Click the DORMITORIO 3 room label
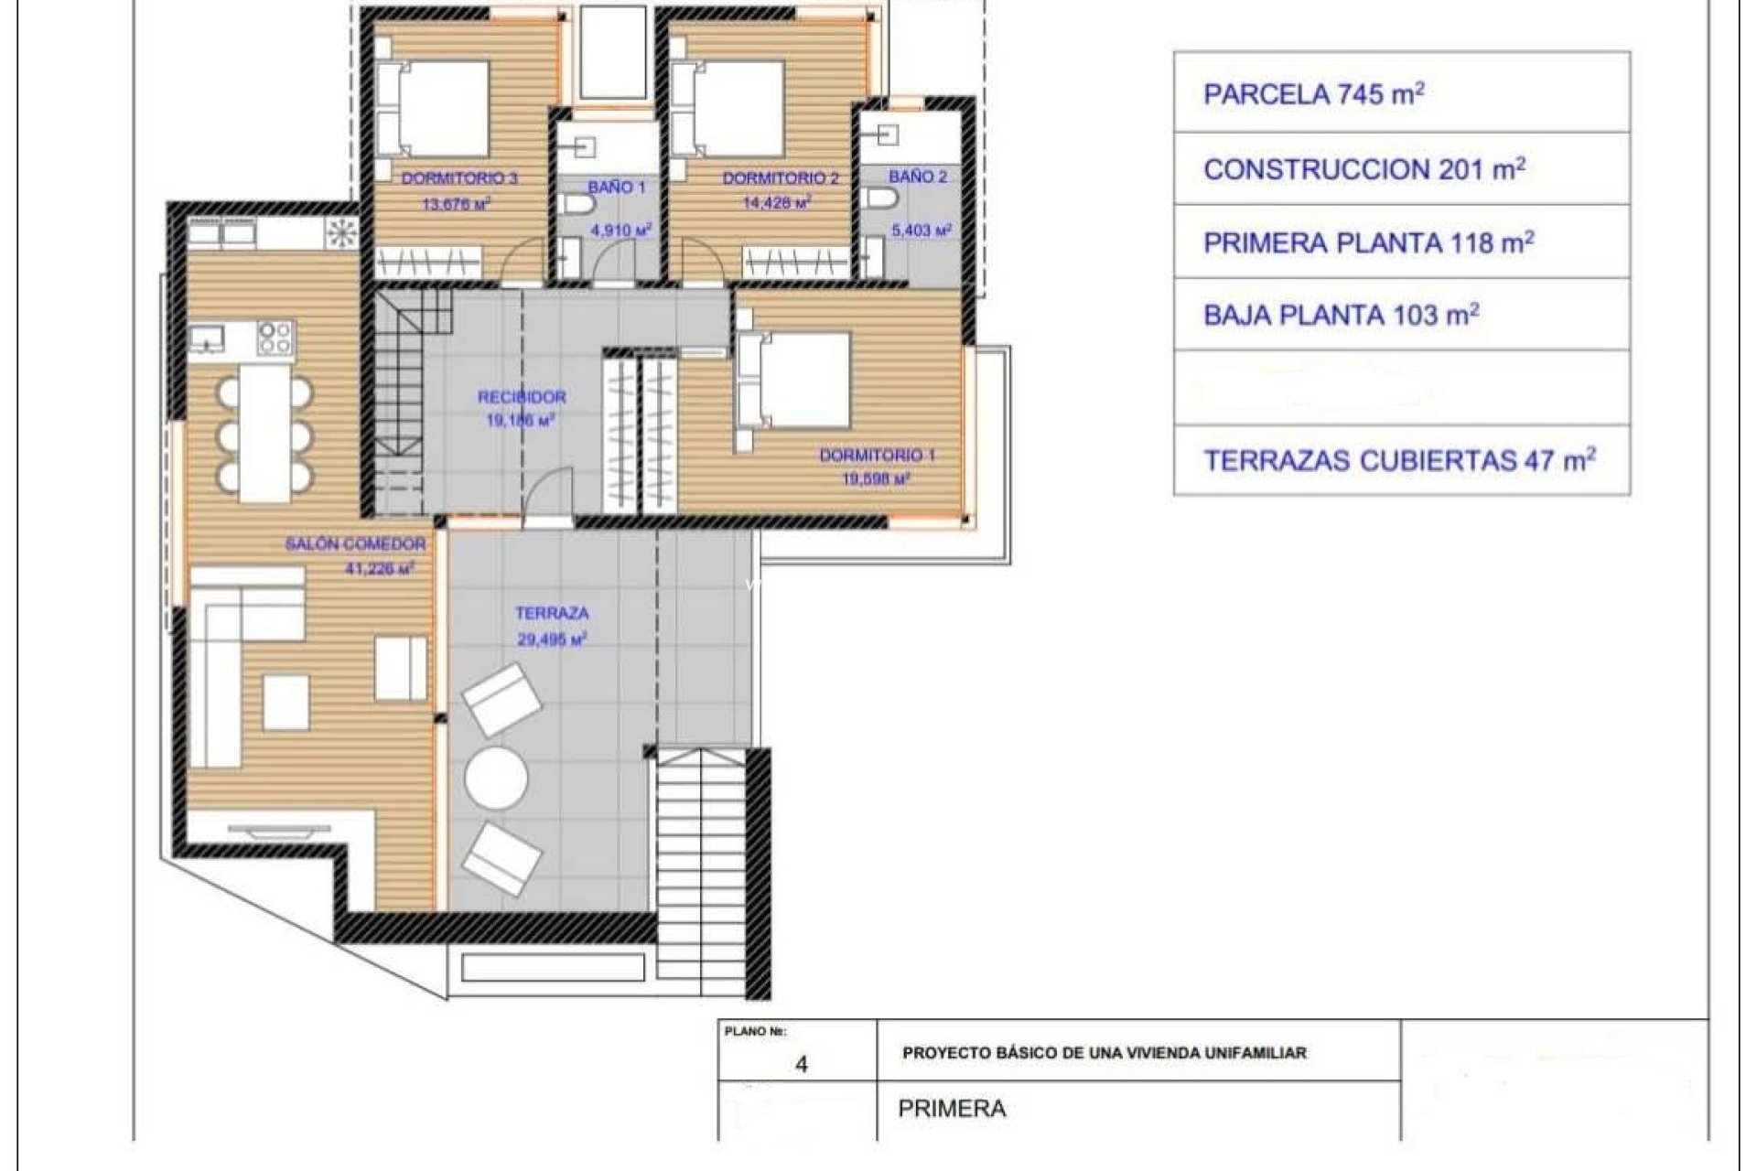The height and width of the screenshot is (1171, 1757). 459,178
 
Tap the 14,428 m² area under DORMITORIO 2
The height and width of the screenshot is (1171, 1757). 778,204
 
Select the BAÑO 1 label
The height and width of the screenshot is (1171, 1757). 617,188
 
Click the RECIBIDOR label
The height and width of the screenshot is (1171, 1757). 522,397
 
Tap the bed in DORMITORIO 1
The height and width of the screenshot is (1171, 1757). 794,380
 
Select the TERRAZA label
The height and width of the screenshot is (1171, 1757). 552,614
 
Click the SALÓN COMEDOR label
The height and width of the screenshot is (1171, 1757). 355,544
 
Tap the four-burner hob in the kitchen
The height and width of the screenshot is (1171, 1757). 275,337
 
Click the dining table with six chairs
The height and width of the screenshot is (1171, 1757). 264,432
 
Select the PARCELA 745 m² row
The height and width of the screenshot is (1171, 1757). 1402,93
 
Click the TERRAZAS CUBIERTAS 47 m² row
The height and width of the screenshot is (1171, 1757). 1402,460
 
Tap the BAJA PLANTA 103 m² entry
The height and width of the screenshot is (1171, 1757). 1402,315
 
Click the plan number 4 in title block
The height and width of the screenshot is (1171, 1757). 802,1065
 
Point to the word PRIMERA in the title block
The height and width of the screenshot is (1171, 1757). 952,1109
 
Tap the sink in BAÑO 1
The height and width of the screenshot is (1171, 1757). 581,143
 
